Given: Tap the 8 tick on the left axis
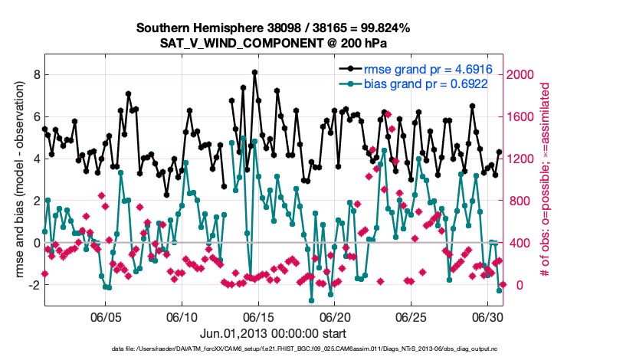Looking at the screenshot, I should (36, 74).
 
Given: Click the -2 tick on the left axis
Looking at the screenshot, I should (34, 285).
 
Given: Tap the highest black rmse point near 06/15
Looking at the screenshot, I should (254, 73).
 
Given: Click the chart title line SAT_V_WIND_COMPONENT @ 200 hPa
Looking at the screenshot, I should (274, 43).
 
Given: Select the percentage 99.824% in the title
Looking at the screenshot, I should (384, 28).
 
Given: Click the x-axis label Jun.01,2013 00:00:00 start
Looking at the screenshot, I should (274, 333).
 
